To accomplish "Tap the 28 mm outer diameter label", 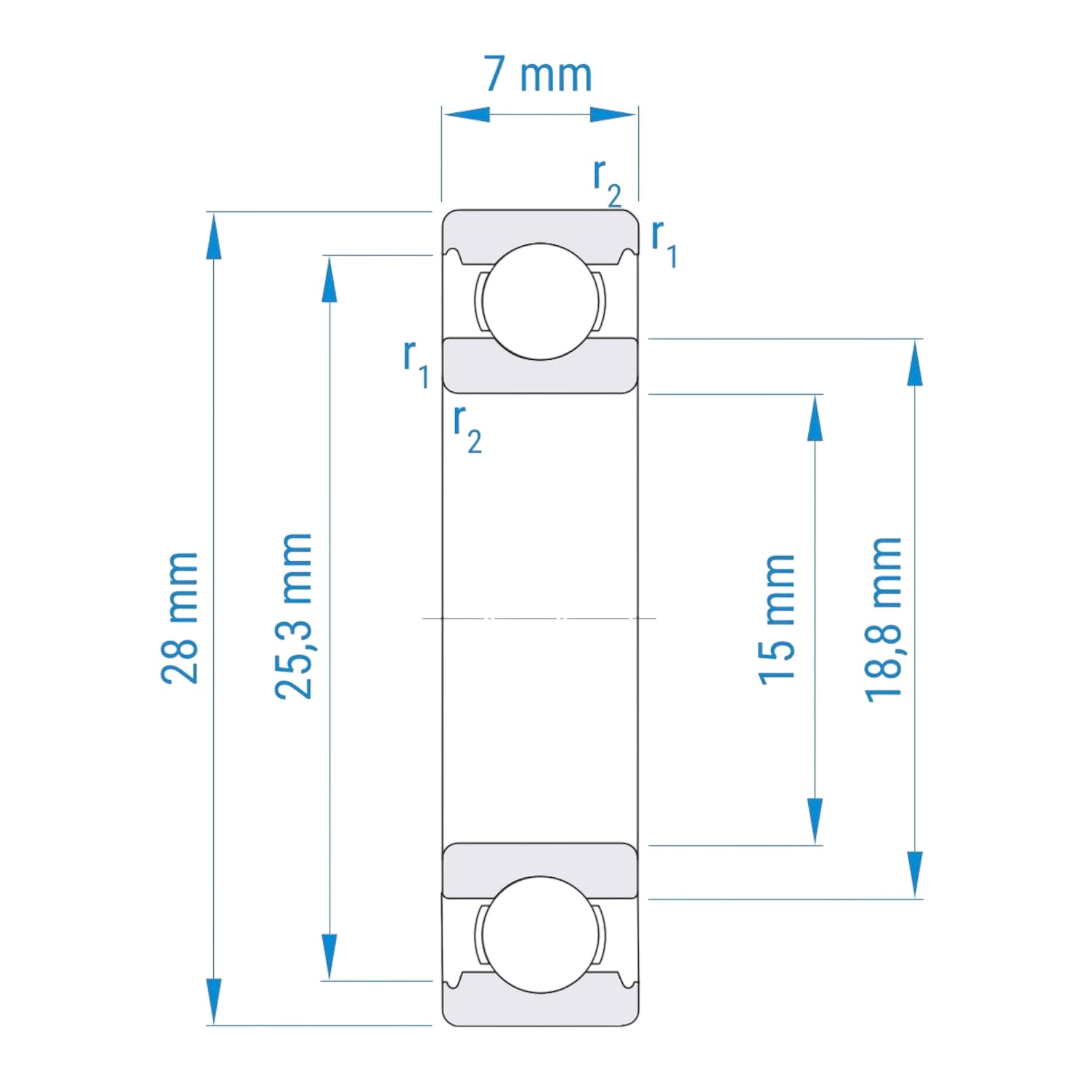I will pos(180,617).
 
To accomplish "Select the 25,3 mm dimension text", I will pos(294,615).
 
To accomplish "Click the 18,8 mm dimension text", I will pos(884,619).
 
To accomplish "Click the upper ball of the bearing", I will pos(540,301).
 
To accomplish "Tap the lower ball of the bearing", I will pos(540,935).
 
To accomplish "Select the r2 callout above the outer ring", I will pos(606,181).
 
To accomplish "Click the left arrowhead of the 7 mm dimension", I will pos(466,114).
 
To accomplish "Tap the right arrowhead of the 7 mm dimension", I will pos(613,114).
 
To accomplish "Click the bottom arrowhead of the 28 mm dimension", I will pos(214,1000).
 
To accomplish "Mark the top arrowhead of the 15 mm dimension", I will pos(815,418).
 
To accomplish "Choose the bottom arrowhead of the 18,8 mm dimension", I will pos(915,875).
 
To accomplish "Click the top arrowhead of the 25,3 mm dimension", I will pos(330,279).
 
